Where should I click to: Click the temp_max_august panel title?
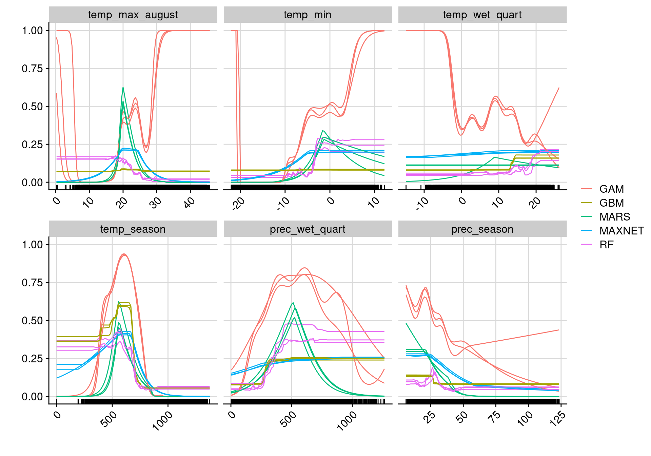(x=133, y=15)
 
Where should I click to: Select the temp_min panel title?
(x=308, y=15)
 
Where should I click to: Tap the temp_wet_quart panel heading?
(x=482, y=15)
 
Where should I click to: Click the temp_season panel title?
(x=133, y=229)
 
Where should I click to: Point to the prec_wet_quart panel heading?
(x=308, y=229)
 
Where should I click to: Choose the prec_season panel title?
(x=482, y=229)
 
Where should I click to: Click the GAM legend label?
(x=611, y=189)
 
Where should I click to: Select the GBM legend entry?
(x=611, y=203)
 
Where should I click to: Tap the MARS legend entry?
(x=614, y=217)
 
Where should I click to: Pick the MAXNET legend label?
(x=622, y=231)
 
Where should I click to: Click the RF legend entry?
(x=606, y=245)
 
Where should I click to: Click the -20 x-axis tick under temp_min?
(x=238, y=204)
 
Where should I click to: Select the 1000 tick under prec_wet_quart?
(x=347, y=421)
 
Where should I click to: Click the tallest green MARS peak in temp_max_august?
(x=123, y=88)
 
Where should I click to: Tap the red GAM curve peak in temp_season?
(x=124, y=254)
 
